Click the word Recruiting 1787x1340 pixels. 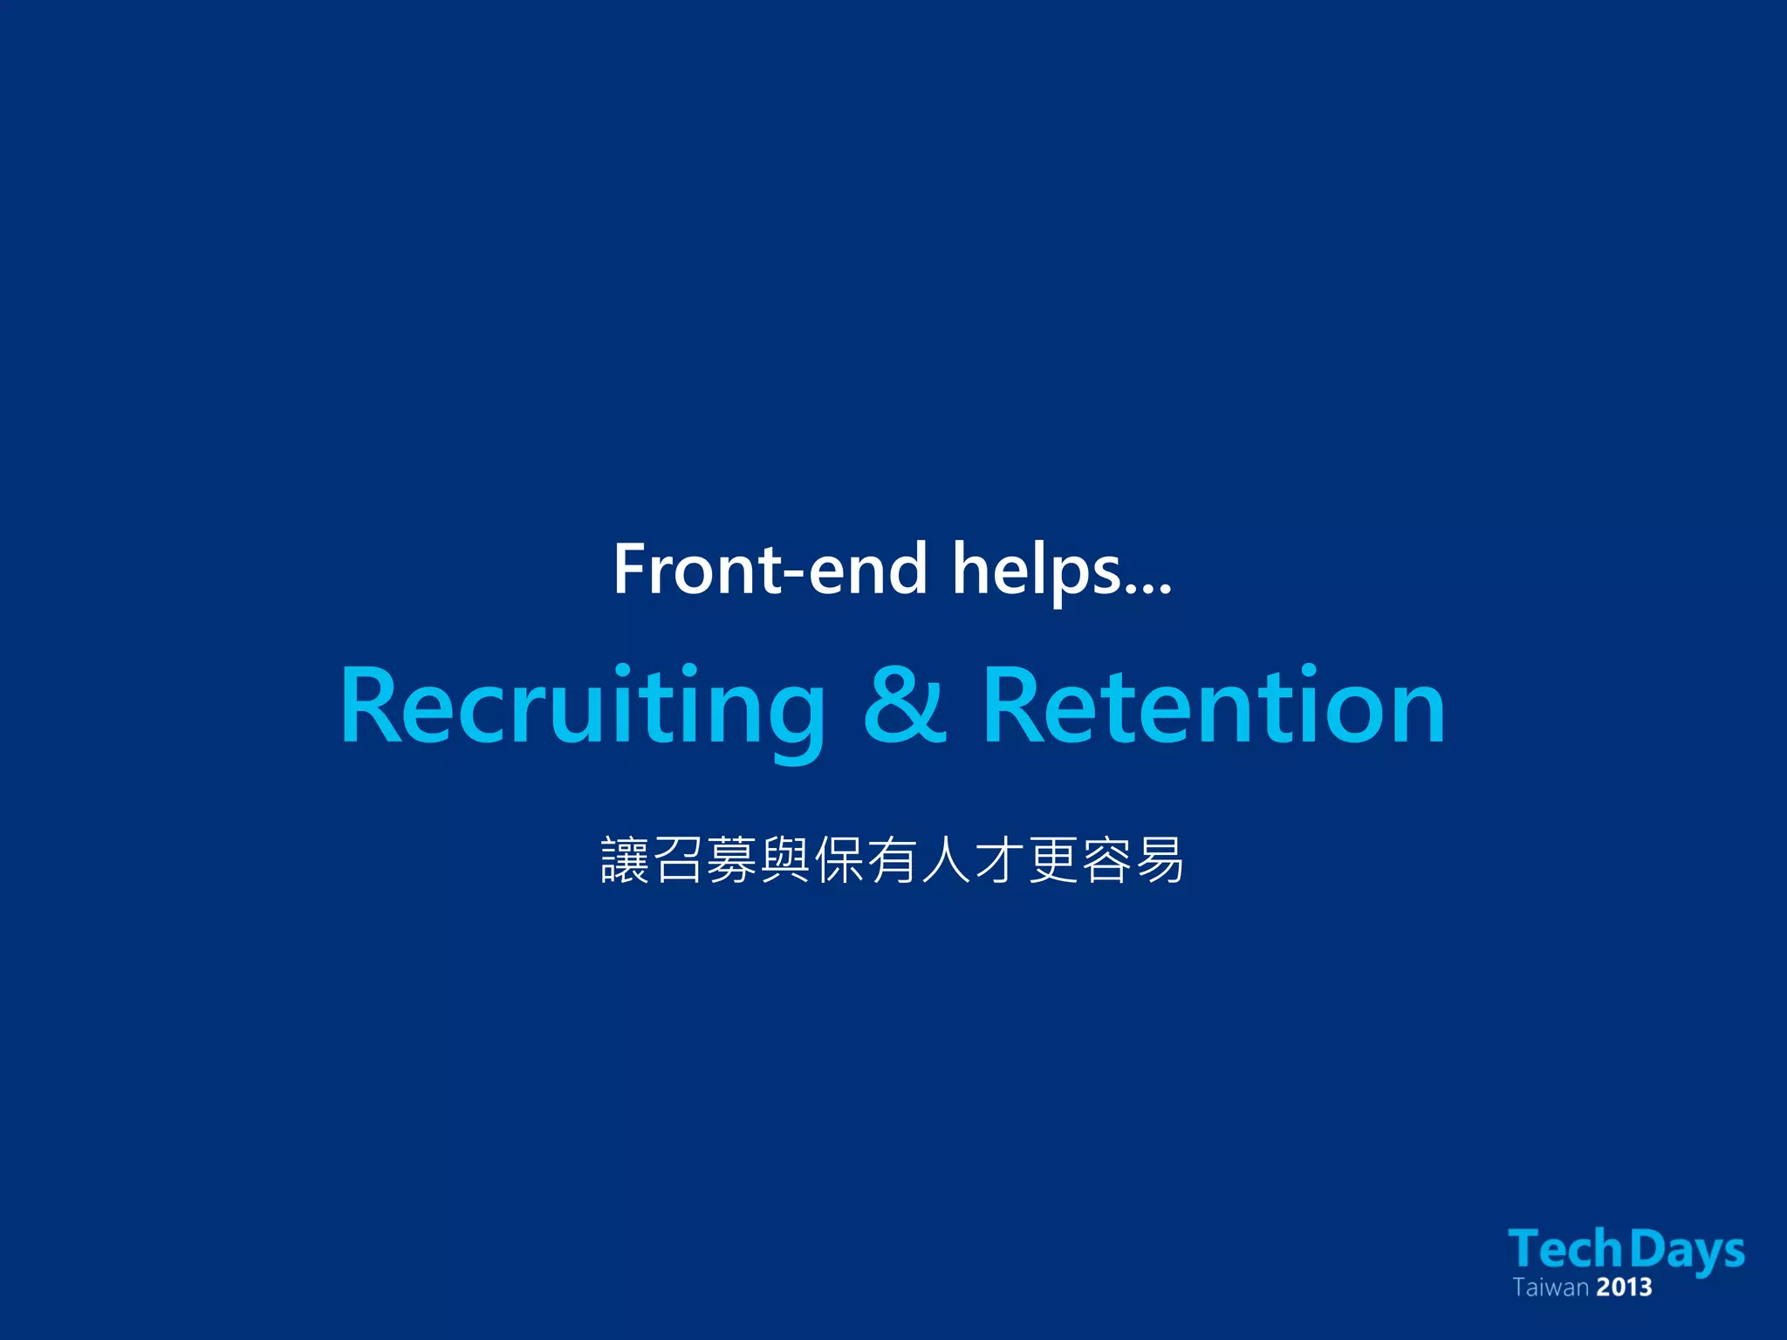tap(582, 707)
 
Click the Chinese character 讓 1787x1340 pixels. tap(625, 860)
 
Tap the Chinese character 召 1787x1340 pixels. tap(678, 860)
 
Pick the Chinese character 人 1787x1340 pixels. tap(946, 860)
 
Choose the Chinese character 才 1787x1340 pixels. tap(1000, 860)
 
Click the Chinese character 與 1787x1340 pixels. tap(785, 860)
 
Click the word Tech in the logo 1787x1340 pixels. tap(1565, 1249)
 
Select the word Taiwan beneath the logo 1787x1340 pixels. tap(1551, 1288)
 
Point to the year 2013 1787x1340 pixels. tap(1625, 1288)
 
